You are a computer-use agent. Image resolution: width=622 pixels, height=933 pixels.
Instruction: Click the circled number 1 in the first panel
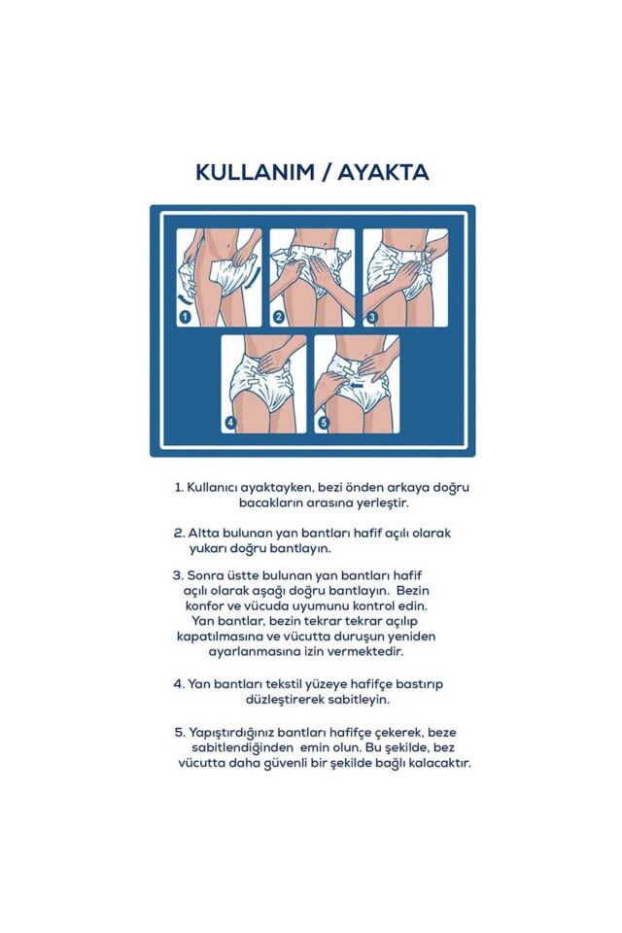click(x=184, y=316)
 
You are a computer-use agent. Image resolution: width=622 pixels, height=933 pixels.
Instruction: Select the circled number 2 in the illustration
click(x=278, y=316)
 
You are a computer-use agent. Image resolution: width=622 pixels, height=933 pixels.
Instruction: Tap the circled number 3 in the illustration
click(x=371, y=316)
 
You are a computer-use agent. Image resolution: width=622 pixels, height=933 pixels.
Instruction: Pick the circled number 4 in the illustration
click(x=230, y=423)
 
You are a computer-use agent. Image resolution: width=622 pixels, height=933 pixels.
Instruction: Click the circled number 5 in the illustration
click(x=325, y=423)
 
